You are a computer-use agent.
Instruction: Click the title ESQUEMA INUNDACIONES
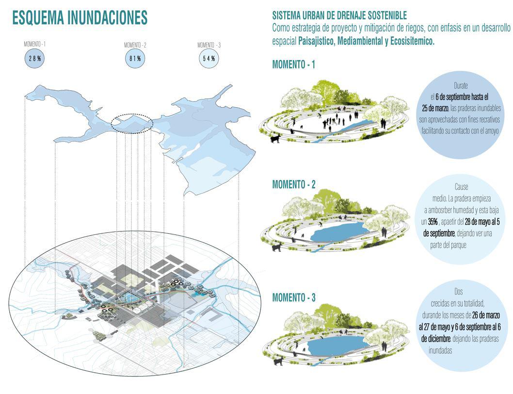(x=80, y=18)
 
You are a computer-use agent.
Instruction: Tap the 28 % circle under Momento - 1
(x=34, y=59)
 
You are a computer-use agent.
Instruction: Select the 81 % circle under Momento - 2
(x=135, y=59)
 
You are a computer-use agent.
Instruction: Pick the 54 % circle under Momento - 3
(x=209, y=59)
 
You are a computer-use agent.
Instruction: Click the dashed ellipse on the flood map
(x=132, y=123)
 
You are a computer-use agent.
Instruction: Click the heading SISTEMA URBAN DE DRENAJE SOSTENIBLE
(x=339, y=16)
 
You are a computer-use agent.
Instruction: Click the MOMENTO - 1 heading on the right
(x=294, y=65)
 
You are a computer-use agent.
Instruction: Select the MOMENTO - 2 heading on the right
(x=294, y=184)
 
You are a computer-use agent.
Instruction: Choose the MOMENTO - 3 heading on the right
(x=294, y=297)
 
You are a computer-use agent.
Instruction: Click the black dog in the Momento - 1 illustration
(x=275, y=139)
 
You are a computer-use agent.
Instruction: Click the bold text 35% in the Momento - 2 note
(x=433, y=221)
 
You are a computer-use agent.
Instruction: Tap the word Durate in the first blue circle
(x=461, y=85)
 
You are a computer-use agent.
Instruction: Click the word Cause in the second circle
(x=462, y=187)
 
